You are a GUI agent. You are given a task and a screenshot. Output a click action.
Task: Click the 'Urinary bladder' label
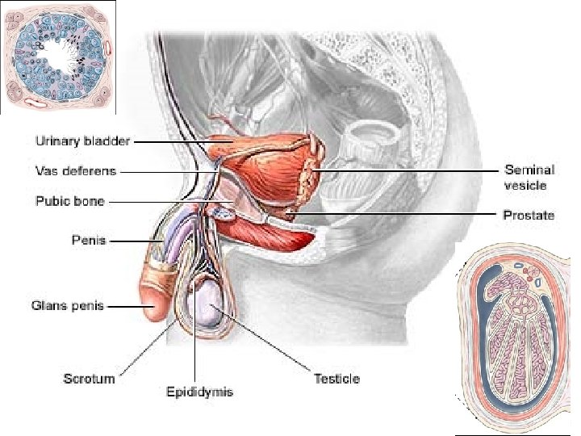pos(82,140)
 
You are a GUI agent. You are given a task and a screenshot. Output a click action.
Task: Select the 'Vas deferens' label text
pos(77,171)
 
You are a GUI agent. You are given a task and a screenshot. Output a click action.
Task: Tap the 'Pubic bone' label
pos(70,201)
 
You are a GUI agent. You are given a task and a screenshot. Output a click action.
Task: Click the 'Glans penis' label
pos(68,307)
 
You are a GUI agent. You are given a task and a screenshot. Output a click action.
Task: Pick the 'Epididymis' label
pos(199,392)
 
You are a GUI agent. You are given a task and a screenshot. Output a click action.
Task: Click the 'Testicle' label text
pos(336,378)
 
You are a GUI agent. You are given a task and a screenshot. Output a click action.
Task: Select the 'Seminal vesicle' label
pos(529,178)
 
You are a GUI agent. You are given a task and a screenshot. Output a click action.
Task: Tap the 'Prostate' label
pos(529,216)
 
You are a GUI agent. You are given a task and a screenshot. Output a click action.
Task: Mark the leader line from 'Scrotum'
pos(145,347)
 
